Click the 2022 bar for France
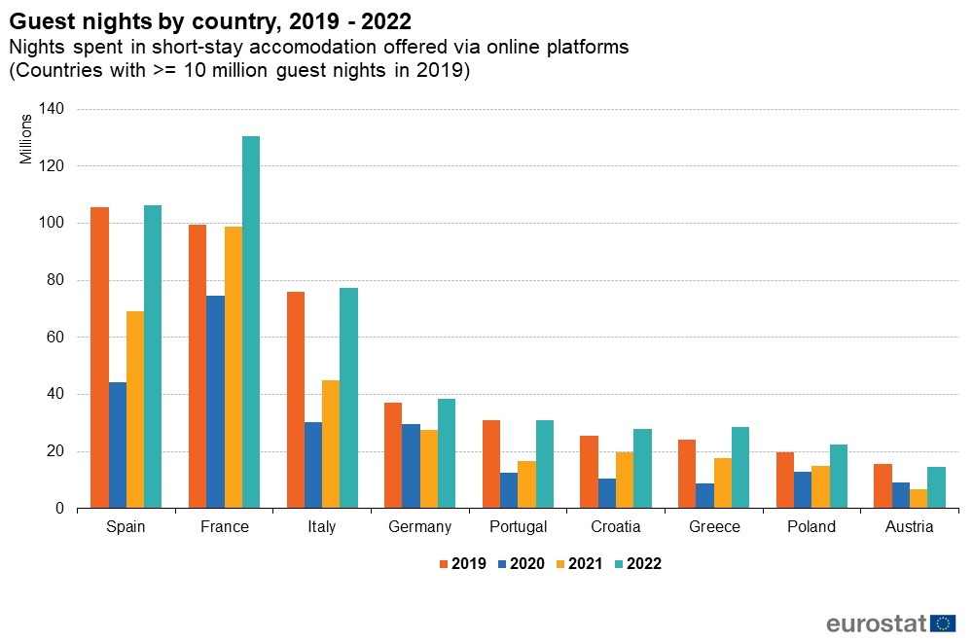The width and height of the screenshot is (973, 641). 251,322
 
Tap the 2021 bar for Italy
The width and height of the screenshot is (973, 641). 331,444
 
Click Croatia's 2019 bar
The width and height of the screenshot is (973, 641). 588,472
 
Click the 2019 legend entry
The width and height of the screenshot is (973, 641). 462,563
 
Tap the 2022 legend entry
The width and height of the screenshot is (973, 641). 638,563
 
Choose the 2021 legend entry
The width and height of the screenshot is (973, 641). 580,563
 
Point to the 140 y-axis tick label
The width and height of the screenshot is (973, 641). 51,109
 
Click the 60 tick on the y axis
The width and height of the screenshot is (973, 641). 54,338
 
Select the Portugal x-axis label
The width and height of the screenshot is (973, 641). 518,527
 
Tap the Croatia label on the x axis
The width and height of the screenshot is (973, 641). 616,527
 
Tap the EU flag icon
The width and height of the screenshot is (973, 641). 943,623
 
